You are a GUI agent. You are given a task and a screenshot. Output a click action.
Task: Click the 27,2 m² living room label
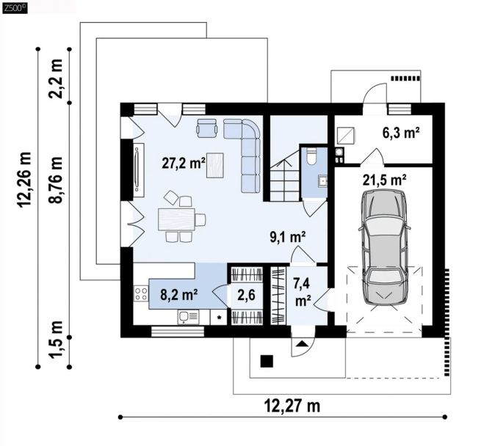[184, 164]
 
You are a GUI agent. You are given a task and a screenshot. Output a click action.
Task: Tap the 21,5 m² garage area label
[385, 180]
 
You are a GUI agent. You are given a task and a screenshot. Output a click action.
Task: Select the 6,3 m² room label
[401, 133]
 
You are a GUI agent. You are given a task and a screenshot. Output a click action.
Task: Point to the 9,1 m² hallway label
[287, 237]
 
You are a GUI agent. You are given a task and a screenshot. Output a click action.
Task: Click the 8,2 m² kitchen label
[179, 295]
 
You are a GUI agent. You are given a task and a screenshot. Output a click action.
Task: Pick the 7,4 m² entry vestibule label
[302, 292]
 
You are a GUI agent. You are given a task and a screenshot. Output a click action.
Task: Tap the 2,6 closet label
[246, 295]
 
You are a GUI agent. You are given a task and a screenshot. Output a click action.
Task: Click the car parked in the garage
[385, 248]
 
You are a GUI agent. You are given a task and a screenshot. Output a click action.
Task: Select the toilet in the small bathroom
[311, 156]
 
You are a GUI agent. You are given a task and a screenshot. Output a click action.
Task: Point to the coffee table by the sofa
[214, 165]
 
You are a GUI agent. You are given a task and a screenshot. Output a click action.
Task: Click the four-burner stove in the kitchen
[141, 293]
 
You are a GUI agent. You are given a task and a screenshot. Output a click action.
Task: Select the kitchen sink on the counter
[188, 317]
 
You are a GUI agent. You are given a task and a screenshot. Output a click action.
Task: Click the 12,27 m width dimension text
[292, 406]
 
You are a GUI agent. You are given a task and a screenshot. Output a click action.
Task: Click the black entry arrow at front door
[303, 343]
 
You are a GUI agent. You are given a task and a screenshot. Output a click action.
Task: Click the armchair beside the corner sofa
[207, 128]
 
